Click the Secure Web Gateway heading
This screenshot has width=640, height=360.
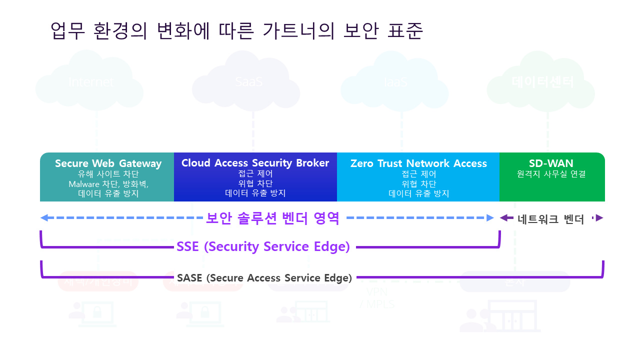108,163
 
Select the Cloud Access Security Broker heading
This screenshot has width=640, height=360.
255,163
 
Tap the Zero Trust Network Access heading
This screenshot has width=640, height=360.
418,163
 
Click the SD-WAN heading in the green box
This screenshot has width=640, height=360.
551,163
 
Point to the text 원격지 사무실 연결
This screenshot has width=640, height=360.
551,174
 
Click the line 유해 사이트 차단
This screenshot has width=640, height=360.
108,174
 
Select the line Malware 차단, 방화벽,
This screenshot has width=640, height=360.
108,184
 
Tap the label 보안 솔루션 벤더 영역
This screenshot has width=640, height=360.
272,218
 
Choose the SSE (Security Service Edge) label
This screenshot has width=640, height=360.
263,247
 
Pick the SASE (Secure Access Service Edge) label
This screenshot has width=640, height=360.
264,278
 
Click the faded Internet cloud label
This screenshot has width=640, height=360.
91,82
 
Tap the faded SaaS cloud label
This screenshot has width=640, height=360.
249,82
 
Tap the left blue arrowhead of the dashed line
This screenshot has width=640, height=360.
44,218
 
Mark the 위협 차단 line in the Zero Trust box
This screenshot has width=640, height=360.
418,184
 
